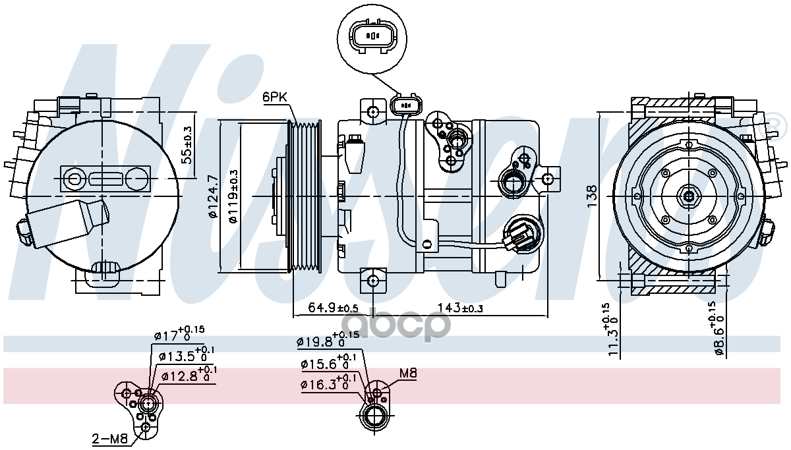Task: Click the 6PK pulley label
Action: [x=275, y=98]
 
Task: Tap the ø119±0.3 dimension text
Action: [x=233, y=196]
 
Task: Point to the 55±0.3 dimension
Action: [x=187, y=145]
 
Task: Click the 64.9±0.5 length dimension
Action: [x=333, y=308]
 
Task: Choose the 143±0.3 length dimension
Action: [x=455, y=308]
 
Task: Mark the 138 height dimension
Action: [x=593, y=193]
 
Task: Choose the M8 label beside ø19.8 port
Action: [x=408, y=374]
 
